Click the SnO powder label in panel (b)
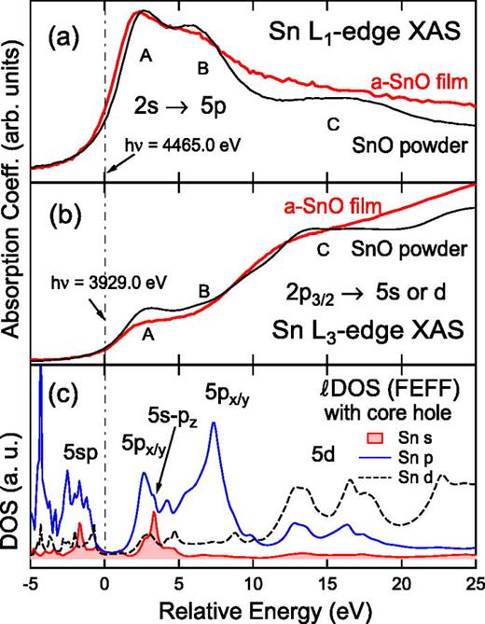(x=408, y=249)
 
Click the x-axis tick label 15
(x=326, y=583)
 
